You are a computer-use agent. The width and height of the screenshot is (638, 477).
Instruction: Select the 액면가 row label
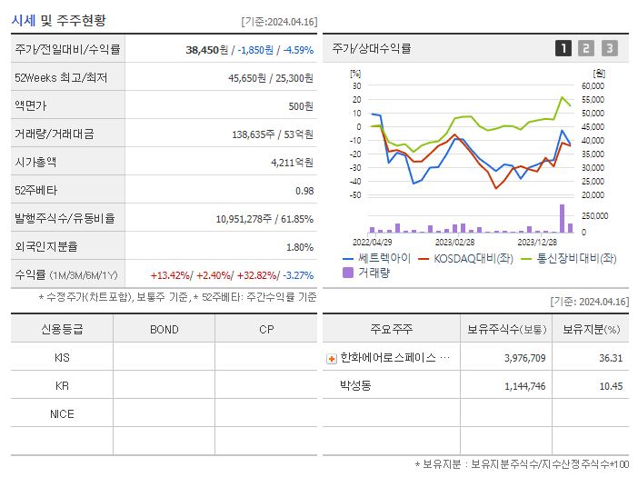[31, 106]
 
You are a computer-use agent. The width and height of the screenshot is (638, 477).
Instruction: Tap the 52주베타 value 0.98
[304, 191]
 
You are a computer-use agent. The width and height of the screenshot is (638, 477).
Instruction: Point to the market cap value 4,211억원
[292, 163]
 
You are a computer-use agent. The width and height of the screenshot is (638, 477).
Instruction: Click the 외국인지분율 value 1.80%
[299, 247]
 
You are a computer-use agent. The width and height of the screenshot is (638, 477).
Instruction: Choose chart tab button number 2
[586, 48]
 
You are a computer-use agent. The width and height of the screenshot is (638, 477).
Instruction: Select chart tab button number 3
[609, 48]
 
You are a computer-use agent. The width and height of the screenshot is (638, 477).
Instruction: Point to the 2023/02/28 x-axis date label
[454, 243]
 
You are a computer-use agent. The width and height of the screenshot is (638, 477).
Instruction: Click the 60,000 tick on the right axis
[592, 86]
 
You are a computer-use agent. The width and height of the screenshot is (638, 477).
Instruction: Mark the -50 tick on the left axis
[355, 195]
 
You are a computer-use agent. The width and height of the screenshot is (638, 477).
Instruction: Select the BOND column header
[164, 329]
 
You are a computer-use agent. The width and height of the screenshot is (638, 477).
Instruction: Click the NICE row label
[62, 414]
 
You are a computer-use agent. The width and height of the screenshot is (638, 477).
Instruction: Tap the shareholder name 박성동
[355, 386]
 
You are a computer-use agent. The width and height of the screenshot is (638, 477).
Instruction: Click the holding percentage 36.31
[611, 358]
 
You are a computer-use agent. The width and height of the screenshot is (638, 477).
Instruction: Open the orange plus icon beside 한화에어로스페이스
[331, 358]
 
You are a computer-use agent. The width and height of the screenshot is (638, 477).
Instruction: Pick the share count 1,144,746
[524, 386]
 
